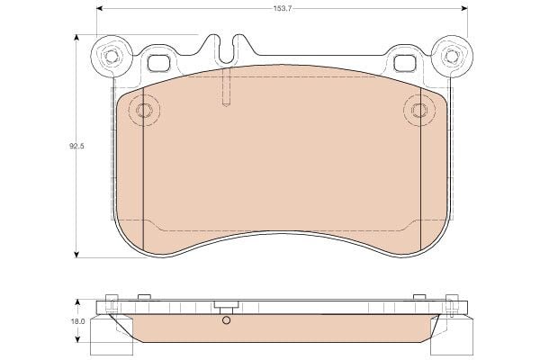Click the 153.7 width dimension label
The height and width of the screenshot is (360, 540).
coord(283,9)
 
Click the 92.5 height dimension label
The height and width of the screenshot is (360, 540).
coord(76,146)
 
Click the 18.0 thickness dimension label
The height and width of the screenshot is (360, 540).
coord(77,322)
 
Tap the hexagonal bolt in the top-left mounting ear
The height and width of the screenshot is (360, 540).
coord(111,56)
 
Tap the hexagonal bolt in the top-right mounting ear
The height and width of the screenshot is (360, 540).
coord(452,56)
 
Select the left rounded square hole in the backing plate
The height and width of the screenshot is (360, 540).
coord(158,63)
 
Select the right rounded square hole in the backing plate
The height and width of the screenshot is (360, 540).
coord(405,63)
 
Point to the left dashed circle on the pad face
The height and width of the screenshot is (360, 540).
coord(144,110)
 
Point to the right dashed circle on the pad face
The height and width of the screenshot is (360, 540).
coord(419,110)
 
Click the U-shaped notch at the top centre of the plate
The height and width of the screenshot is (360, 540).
coord(226,51)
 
